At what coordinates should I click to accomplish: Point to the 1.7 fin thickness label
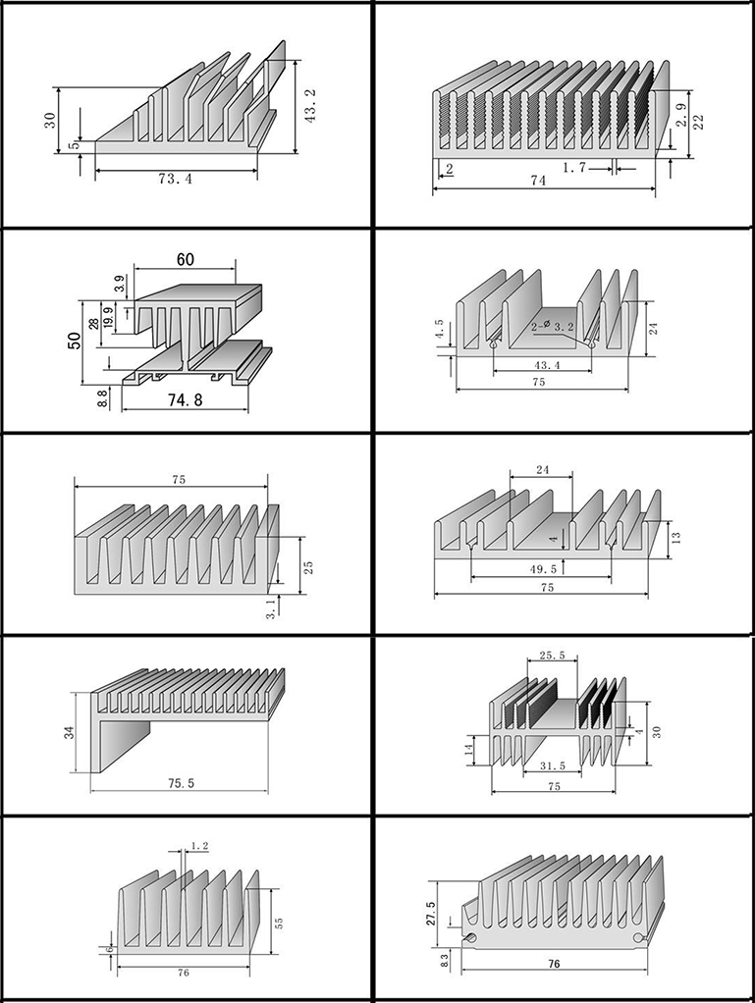tap(574, 168)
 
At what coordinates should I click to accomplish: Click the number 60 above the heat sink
tap(186, 259)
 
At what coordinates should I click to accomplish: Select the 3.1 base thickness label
tap(271, 608)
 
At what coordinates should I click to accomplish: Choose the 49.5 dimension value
tap(542, 568)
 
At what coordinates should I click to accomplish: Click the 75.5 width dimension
tap(182, 783)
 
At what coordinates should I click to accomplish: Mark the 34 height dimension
tap(70, 731)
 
